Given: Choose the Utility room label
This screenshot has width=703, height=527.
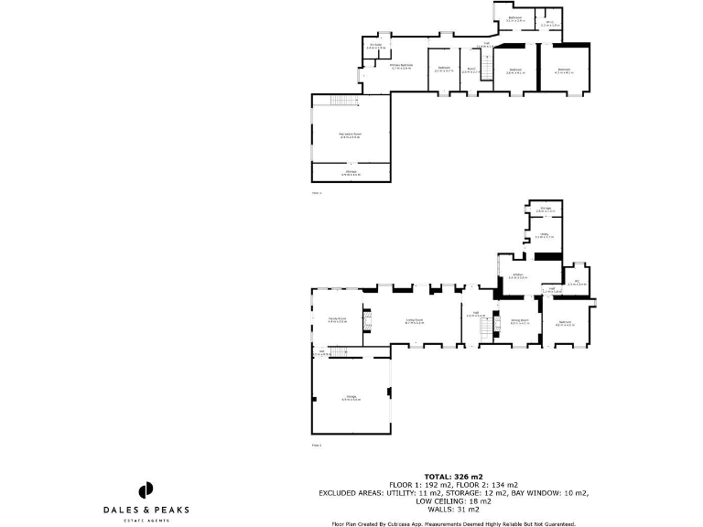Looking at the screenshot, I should point(543,236).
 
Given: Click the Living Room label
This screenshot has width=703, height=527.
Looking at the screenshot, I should point(415,321).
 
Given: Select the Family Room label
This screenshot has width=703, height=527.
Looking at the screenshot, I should point(337,320).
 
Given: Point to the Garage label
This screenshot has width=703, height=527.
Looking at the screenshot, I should point(350,398).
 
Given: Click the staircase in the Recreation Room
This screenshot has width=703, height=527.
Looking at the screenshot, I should point(341,100).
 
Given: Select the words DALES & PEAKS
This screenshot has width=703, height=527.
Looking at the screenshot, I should point(145,511).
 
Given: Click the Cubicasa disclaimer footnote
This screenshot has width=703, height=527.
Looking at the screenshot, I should point(453,523).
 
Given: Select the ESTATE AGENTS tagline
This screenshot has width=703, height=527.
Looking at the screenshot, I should point(145,520).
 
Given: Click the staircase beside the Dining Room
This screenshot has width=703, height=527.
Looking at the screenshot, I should point(486,328).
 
